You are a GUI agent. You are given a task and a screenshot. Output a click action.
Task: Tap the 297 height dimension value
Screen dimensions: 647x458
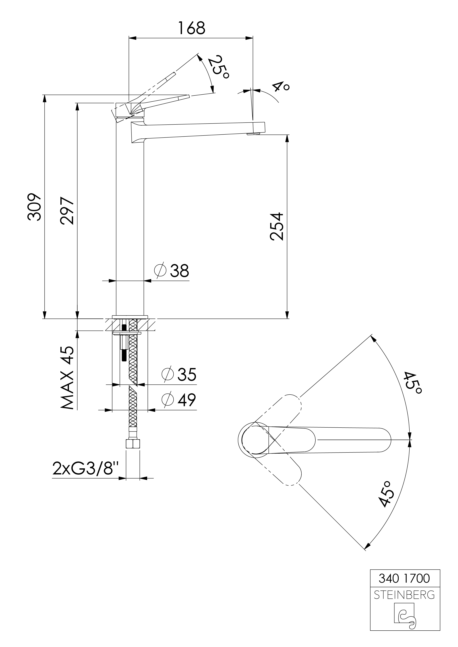pyautogui.click(x=67, y=211)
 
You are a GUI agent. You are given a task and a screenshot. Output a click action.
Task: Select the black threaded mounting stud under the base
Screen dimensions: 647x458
pyautogui.click(x=124, y=344)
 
